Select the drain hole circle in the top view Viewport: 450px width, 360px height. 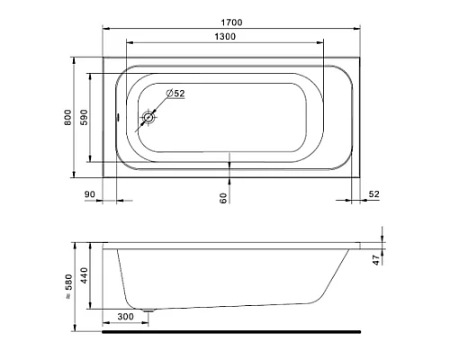149,117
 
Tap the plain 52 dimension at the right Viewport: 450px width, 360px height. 374,194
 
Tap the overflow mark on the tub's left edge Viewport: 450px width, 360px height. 120,117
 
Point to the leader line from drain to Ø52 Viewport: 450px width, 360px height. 161,104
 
